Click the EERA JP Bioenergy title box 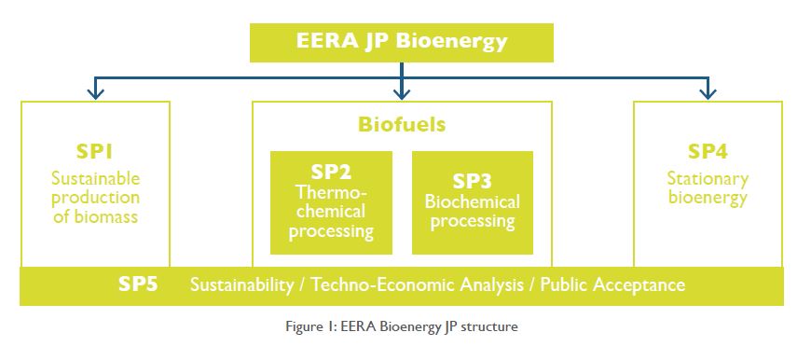pos(402,42)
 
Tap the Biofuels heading pos(402,125)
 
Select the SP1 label pos(95,151)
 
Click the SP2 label pos(331,172)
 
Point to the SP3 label pos(472,181)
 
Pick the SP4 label pos(708,151)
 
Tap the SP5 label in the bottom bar pos(138,284)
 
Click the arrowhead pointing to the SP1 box pos(95,92)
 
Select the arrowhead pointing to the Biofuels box pos(402,92)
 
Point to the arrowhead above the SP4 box pos(708,92)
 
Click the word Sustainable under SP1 pos(96,178)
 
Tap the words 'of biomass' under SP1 pos(96,216)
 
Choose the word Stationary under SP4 pos(708,179)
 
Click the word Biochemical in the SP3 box pos(473,201)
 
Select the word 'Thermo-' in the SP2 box pos(331,192)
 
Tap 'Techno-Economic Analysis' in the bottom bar pos(418,285)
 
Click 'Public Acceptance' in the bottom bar pos(612,285)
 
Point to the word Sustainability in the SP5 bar pos(242,285)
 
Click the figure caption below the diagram pos(402,327)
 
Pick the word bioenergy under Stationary pos(708,198)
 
